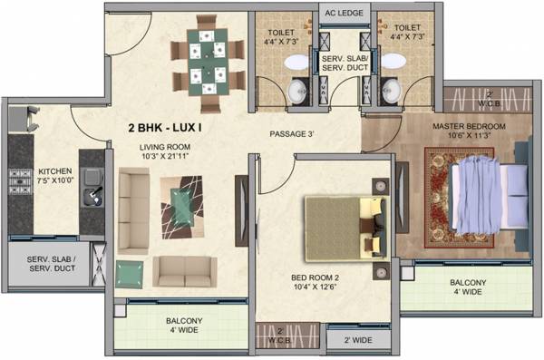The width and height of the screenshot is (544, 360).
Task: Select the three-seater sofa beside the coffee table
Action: (x=132, y=210)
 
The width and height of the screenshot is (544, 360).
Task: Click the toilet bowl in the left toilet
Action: (x=296, y=62)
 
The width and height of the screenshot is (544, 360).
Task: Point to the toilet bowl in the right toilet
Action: (x=393, y=62)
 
